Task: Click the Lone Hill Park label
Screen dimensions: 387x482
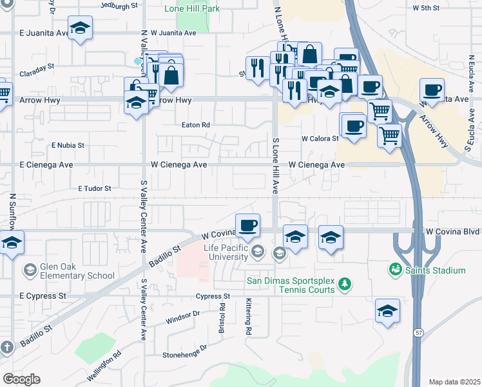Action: click(191, 9)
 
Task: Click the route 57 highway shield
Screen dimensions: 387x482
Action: click(418, 332)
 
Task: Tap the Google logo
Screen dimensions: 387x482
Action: click(21, 379)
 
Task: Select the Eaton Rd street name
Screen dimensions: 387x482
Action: click(197, 125)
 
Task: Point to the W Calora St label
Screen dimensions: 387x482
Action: click(320, 139)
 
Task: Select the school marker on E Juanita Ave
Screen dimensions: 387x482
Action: click(80, 29)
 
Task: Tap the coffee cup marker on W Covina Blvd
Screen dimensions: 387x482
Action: click(248, 226)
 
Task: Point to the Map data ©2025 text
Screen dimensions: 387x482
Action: click(454, 382)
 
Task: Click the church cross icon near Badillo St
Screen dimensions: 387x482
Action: click(6, 348)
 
